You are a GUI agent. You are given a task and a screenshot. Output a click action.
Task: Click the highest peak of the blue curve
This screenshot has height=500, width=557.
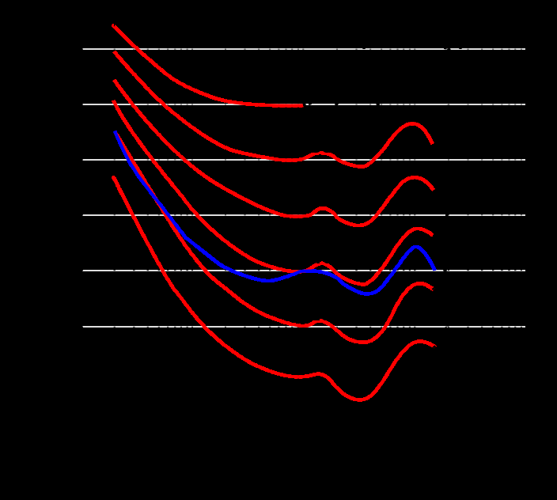point(416,247)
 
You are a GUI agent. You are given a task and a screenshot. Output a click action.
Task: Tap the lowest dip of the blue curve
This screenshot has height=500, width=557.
point(369,294)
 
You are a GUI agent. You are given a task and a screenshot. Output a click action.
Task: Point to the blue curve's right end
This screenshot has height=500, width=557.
point(435,270)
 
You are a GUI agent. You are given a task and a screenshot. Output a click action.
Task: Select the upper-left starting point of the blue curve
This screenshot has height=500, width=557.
point(116,133)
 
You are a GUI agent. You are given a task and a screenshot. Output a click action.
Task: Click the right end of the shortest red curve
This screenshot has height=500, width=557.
point(302,105)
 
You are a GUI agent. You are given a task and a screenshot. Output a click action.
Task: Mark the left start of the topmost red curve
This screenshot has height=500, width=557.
point(113,25)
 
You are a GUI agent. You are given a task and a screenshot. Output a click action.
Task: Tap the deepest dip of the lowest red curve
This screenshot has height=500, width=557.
point(359,400)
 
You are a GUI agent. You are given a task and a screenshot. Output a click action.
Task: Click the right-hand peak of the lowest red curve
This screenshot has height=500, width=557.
point(420,342)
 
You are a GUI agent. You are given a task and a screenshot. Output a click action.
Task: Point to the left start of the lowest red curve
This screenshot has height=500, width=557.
point(113,177)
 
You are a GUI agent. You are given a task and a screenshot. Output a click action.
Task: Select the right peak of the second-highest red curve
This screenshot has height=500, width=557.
point(412,123)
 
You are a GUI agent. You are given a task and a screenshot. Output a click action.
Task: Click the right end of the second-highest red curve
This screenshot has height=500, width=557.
point(432,143)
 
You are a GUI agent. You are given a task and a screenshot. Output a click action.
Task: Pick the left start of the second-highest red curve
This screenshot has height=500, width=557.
point(115,52)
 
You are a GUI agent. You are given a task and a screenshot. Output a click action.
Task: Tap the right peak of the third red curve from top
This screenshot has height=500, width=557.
point(415,177)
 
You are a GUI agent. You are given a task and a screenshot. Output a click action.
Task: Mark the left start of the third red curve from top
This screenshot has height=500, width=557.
point(114,80)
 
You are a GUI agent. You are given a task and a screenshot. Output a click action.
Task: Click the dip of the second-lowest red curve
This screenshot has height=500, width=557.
point(363,342)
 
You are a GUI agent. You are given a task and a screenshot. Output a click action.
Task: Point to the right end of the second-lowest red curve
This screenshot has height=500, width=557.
point(433,290)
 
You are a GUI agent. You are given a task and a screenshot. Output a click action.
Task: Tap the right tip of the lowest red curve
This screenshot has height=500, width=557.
point(435,347)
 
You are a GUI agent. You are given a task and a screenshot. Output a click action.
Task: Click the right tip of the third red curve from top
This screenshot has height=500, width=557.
point(434,190)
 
